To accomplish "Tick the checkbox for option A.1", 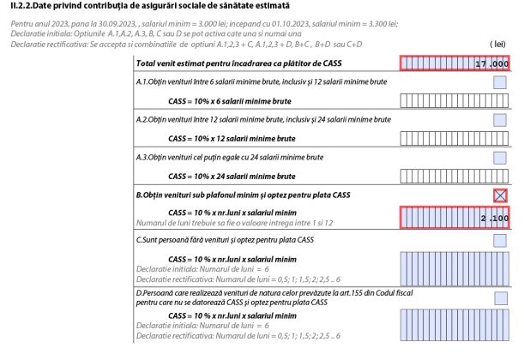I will (x=500, y=82).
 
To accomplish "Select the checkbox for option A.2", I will (x=500, y=120).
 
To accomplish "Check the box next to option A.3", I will (x=500, y=158).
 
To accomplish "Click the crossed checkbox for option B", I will (x=500, y=195).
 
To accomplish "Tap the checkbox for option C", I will (x=500, y=240).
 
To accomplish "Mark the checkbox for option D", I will (x=500, y=298).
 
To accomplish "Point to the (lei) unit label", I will (x=497, y=42).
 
